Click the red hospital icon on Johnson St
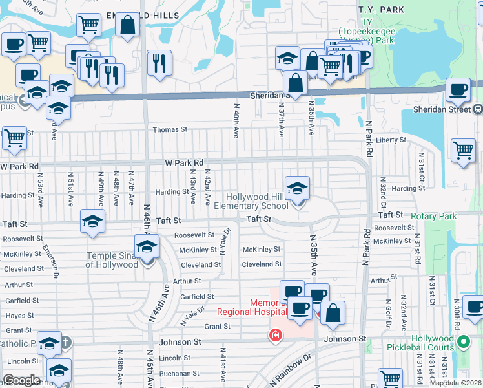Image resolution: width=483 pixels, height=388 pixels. click(276, 336)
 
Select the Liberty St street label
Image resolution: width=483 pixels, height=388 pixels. click(391, 140)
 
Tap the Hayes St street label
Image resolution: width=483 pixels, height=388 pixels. click(19, 316)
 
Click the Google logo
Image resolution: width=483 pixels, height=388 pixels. click(21, 380)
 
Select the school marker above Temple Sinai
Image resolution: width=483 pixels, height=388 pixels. click(147, 247)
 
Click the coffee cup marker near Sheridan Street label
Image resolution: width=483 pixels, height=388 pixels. click(458, 91)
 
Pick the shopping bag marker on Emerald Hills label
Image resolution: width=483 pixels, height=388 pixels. click(128, 25)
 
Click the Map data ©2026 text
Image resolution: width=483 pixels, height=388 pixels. click(456, 383)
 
